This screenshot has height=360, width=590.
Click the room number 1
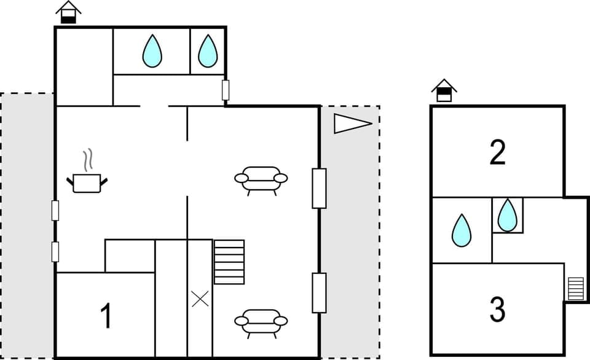(x=106, y=316)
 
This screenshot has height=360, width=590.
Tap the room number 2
(x=497, y=152)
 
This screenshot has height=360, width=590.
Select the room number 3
(x=497, y=310)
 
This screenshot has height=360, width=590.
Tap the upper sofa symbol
(x=261, y=179)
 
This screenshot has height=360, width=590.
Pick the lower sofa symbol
(x=261, y=321)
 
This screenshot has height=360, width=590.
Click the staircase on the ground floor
(x=229, y=262)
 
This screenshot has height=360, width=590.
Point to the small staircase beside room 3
(x=575, y=289)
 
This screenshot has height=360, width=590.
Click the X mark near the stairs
(x=200, y=299)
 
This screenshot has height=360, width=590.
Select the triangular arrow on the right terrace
(x=352, y=123)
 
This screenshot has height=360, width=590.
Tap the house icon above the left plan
(x=68, y=12)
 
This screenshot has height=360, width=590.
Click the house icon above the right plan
(x=444, y=91)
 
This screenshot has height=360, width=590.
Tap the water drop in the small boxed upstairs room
(x=507, y=215)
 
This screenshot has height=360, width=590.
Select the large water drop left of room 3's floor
(x=462, y=230)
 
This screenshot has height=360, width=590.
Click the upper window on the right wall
(x=318, y=188)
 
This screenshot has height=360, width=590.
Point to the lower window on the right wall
(x=318, y=293)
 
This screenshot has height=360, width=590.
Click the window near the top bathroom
(x=226, y=90)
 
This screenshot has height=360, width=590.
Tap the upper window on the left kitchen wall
(x=55, y=211)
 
